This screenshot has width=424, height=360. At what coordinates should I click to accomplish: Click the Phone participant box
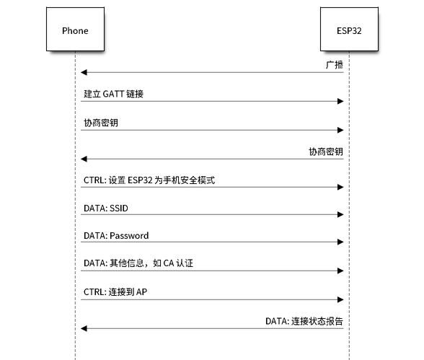(75, 29)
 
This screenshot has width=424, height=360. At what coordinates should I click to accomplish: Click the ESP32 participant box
(349, 29)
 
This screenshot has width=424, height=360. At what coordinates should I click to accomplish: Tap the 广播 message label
(335, 65)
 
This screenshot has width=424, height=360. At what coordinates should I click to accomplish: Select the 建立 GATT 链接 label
(114, 94)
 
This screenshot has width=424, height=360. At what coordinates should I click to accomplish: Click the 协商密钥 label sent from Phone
(101, 123)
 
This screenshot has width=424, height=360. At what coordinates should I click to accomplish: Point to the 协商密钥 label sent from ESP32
(326, 152)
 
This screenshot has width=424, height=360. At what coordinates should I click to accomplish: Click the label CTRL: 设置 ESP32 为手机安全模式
(149, 180)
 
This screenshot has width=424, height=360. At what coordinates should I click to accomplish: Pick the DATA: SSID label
(106, 208)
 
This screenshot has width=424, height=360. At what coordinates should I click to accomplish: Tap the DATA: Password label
(116, 236)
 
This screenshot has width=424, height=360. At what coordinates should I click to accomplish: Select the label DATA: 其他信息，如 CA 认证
(138, 263)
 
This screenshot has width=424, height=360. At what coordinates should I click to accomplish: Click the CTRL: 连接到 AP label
(115, 292)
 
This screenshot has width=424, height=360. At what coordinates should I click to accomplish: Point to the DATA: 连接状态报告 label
(304, 321)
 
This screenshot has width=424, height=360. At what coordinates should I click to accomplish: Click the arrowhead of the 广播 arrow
(84, 72)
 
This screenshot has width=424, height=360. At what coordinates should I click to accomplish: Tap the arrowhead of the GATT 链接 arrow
(340, 102)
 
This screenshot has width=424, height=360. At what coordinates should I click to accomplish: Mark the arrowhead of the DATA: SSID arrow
(340, 215)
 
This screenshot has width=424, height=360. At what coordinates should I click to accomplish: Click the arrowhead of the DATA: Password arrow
(340, 242)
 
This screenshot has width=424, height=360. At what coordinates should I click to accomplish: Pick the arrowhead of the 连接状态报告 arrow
(84, 329)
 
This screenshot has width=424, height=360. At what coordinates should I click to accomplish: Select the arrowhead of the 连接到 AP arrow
(340, 299)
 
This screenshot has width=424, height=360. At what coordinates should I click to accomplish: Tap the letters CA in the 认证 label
(169, 263)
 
